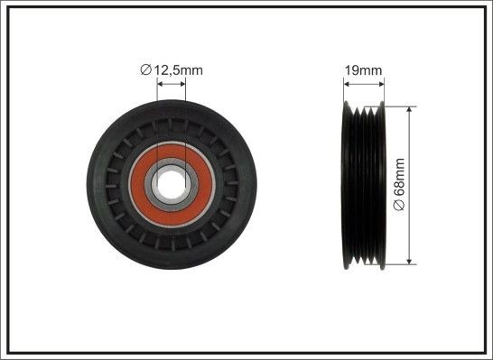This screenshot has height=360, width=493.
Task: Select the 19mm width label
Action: click(364, 67)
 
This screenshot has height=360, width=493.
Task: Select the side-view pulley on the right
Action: click(364, 185)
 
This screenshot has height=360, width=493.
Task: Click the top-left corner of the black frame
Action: click(5, 5)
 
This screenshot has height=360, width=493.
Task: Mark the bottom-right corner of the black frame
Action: click(488, 355)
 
